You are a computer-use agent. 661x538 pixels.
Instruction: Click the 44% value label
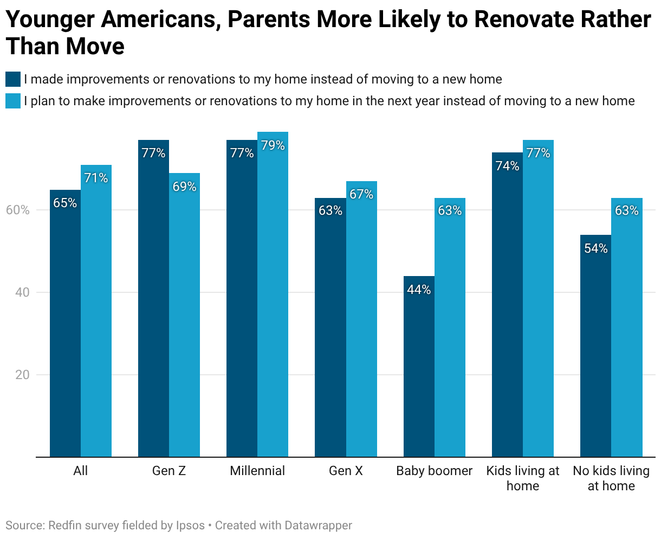click(419, 290)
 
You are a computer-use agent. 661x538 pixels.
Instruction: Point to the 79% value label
click(273, 145)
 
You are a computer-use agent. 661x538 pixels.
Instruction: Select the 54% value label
click(595, 248)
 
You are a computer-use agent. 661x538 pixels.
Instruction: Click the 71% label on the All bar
click(96, 177)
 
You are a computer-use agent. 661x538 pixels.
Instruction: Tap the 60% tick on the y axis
click(17, 210)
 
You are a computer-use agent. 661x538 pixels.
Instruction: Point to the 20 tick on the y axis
click(22, 375)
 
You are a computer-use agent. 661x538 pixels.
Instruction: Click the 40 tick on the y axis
click(22, 292)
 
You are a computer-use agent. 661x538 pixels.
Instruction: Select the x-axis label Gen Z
click(169, 471)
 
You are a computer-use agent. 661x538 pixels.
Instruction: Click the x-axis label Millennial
click(257, 471)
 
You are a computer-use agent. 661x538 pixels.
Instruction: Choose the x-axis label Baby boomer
click(434, 471)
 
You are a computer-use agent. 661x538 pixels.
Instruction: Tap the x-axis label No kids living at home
click(611, 478)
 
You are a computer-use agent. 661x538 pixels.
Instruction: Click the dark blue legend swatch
click(13, 79)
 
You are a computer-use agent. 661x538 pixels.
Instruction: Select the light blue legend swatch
click(13, 101)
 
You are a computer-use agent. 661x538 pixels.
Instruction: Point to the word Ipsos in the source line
click(190, 526)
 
